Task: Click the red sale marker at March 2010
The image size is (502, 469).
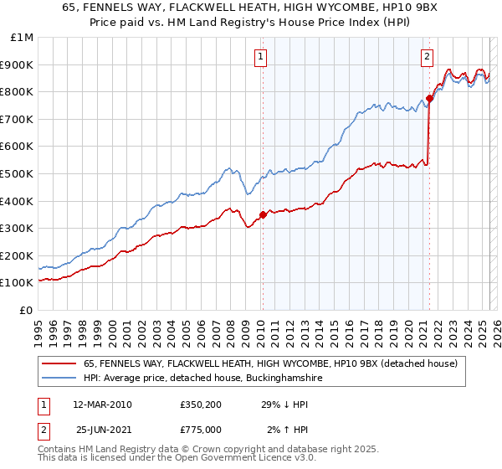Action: (x=263, y=214)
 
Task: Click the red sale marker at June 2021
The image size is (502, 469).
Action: (x=429, y=98)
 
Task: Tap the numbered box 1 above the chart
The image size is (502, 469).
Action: (x=261, y=57)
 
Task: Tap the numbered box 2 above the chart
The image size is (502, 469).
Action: (x=427, y=57)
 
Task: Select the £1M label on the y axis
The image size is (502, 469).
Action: (x=23, y=37)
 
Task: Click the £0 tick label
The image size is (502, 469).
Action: (x=27, y=310)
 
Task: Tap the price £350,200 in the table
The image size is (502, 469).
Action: (x=199, y=405)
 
